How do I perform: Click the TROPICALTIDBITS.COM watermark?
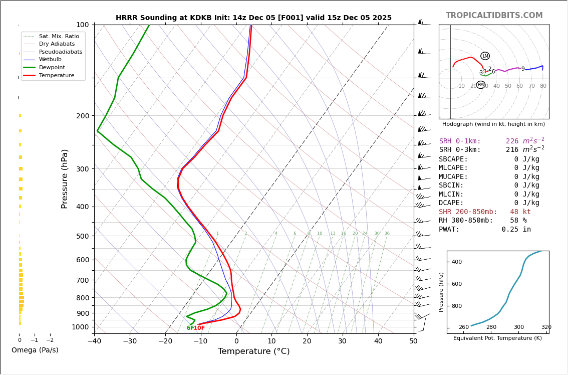tap(494, 16)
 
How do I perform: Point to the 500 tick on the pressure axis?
tap(82, 236)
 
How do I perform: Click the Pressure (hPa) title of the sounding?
tap(65, 178)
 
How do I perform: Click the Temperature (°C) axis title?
tap(253, 351)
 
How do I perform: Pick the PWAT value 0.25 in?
tap(516, 230)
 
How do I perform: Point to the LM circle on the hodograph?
tap(485, 56)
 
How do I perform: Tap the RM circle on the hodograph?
tap(481, 85)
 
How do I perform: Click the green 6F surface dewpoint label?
tap(190, 328)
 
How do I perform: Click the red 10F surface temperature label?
tap(199, 328)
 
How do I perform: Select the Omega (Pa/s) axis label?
tap(35, 350)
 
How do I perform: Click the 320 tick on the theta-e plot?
tap(546, 327)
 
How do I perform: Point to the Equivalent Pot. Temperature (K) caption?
tap(497, 338)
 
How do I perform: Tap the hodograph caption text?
tap(493, 124)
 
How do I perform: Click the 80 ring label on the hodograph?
tap(543, 86)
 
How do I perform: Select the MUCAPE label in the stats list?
tap(453, 177)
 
